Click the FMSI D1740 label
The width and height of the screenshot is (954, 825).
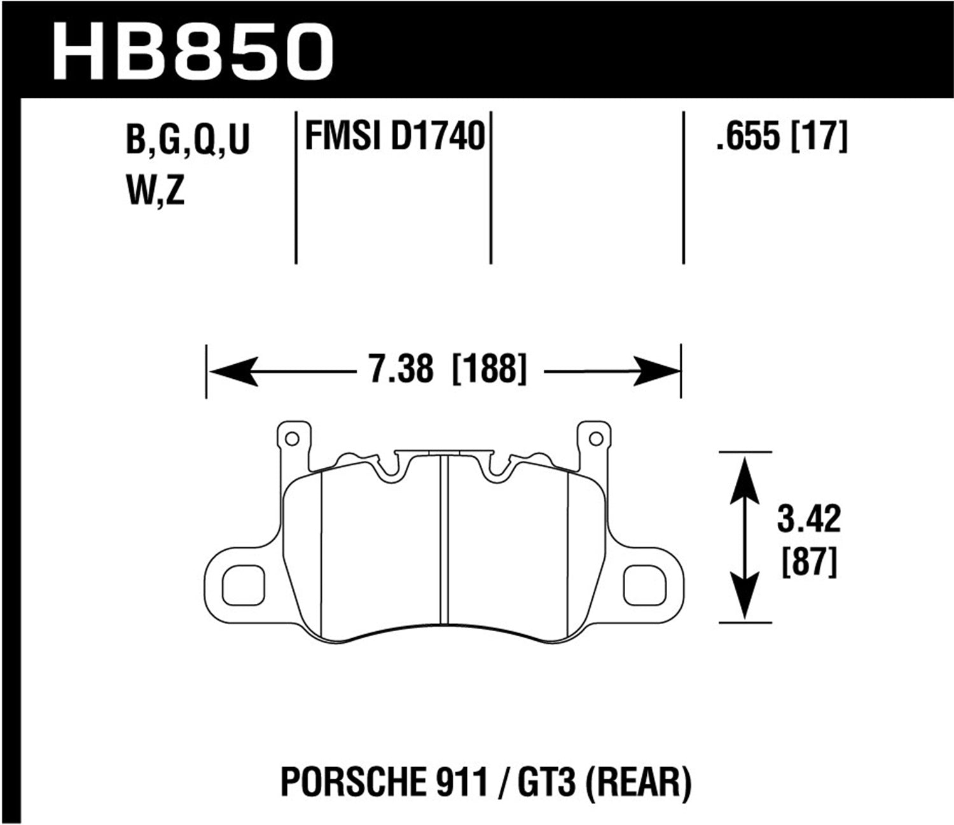[395, 137]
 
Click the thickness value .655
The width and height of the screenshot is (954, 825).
[747, 137]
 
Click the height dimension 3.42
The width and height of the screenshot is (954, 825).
[808, 519]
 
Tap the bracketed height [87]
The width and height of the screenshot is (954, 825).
[808, 562]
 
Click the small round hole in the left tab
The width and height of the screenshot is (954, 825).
[292, 439]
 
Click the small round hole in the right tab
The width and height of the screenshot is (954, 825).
[595, 439]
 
